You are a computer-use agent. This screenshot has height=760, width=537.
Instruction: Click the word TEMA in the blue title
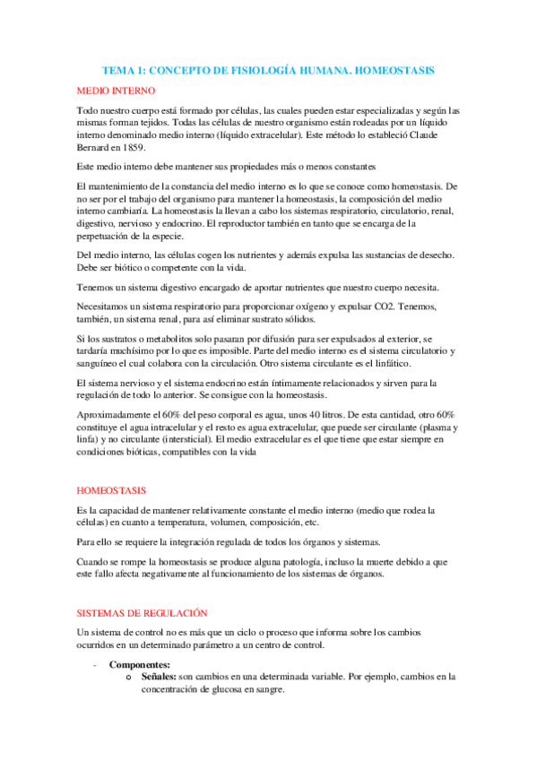click(117, 68)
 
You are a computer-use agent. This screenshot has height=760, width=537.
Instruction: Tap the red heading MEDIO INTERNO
click(117, 91)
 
